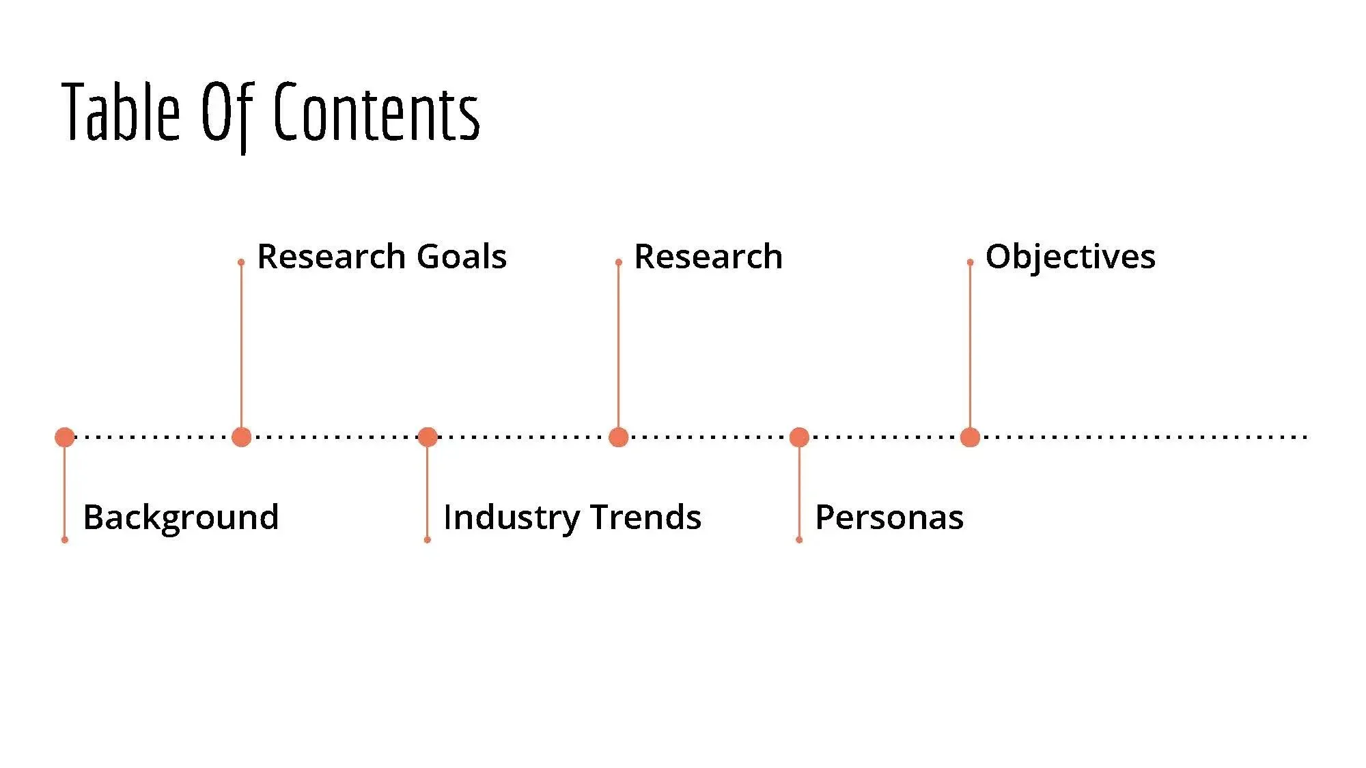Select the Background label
[181, 517]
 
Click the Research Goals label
[382, 257]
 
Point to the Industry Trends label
[572, 517]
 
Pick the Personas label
[889, 517]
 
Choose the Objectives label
[1070, 257]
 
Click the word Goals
[462, 257]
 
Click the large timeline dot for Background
[65, 437]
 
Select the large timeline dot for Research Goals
[241, 437]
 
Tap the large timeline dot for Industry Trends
[428, 437]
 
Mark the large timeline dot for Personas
[799, 437]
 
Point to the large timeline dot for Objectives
[970, 437]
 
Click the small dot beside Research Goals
[241, 262]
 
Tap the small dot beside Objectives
[970, 262]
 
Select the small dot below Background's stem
[65, 540]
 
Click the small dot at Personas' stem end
[799, 540]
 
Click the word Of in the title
[226, 113]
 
